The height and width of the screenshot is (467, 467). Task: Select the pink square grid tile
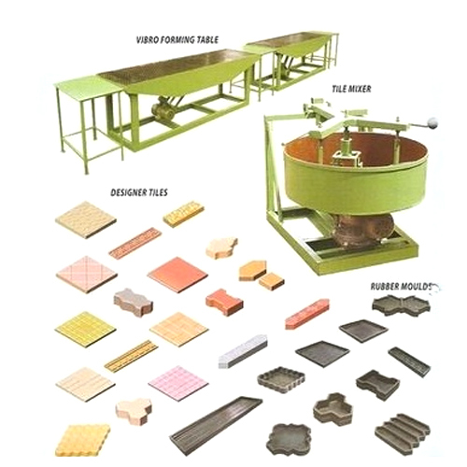(x=177, y=382)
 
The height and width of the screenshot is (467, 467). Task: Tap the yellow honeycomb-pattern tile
(x=82, y=437)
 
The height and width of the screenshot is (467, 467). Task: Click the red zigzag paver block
(x=223, y=302)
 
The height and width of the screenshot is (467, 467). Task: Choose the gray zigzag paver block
(x=133, y=302)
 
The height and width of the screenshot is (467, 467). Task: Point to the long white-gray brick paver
(x=243, y=351)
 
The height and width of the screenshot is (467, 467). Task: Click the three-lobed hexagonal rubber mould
(x=332, y=408)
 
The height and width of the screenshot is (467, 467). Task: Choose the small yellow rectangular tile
(x=183, y=214)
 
